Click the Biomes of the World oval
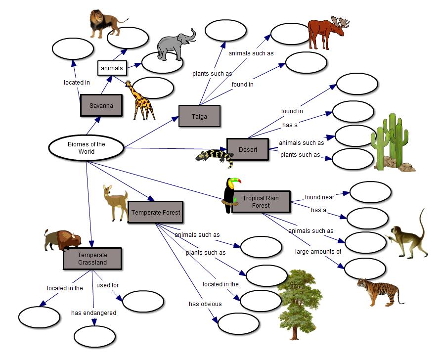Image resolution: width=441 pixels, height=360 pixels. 86,148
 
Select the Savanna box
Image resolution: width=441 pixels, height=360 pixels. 101,105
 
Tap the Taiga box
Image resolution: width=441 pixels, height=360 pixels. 199,116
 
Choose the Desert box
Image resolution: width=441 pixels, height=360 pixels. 247,149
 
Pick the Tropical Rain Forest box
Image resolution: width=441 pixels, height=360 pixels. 261,201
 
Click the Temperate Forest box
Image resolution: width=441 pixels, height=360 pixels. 155,212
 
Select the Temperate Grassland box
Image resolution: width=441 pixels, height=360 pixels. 92,259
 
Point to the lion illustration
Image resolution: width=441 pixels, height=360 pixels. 105,23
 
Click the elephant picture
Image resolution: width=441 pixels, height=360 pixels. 176,44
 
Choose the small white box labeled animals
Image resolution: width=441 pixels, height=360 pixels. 112,68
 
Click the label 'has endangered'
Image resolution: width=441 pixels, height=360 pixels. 93,313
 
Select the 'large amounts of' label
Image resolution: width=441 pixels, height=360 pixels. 318,251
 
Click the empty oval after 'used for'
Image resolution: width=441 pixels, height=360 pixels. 143,302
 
